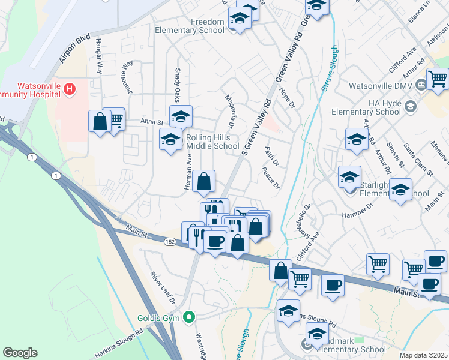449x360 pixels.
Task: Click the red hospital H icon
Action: coord(70,90)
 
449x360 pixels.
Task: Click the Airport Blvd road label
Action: coord(75,49)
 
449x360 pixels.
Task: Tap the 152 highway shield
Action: coord(170,241)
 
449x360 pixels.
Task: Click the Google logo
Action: coord(20,352)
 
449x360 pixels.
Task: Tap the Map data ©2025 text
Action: coord(423,355)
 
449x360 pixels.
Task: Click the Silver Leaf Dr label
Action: coord(163,287)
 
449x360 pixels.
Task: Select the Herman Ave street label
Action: coord(188,173)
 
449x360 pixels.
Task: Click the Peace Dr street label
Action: coord(271,178)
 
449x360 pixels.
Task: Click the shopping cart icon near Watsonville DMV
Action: coord(437,78)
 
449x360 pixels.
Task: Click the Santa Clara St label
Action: coord(419,160)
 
